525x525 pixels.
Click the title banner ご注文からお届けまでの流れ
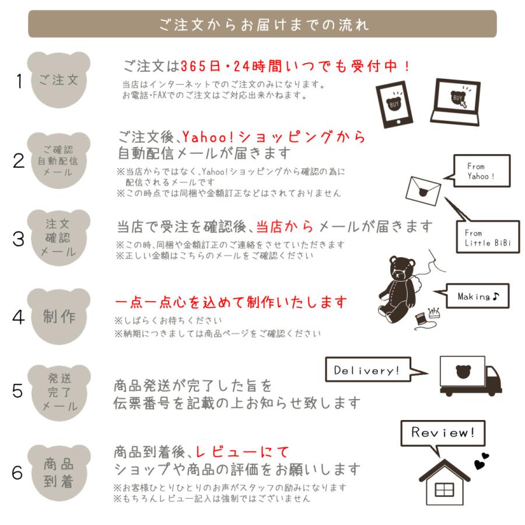[262, 24]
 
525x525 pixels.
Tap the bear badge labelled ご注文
[58, 80]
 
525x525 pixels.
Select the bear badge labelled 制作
[58, 316]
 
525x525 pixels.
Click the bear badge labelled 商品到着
[58, 473]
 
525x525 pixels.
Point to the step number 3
[19, 239]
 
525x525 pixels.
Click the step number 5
[17, 391]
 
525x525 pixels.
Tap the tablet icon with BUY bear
[394, 104]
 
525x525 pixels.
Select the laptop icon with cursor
[456, 102]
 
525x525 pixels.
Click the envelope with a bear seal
[423, 191]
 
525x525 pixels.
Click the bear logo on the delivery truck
[463, 372]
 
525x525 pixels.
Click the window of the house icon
[444, 490]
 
